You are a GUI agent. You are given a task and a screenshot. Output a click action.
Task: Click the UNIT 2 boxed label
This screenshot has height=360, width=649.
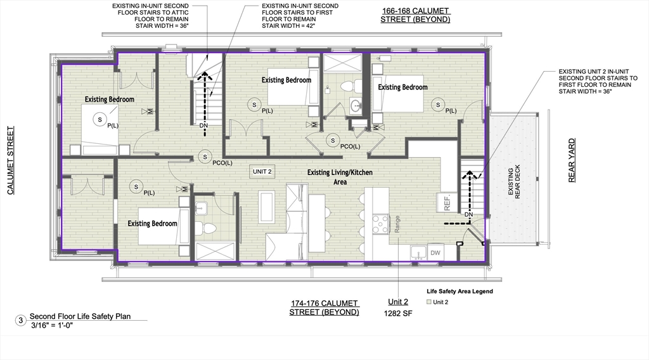click(262, 172)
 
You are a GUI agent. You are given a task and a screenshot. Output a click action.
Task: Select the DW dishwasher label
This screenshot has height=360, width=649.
click(435, 253)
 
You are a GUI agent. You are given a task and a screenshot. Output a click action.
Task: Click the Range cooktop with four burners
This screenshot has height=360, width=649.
click(381, 224)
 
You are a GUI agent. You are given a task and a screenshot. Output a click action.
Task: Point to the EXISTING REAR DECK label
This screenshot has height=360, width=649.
click(513, 182)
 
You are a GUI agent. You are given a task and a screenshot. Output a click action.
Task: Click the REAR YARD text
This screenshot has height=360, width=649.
click(572, 160)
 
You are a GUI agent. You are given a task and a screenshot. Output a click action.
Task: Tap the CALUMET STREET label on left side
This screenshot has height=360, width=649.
click(11, 160)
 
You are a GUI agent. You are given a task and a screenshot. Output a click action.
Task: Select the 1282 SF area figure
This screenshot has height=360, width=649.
click(398, 313)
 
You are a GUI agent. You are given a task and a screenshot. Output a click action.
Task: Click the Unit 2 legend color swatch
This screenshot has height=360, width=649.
click(429, 302)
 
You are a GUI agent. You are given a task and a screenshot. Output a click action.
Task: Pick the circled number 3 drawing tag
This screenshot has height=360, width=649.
click(21, 320)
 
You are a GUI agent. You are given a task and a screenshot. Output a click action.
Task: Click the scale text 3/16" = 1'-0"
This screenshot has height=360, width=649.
click(52, 325)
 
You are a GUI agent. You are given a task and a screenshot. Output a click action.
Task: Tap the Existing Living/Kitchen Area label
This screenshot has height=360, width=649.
click(340, 177)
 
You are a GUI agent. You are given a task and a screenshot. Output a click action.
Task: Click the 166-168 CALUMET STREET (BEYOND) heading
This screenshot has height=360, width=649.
click(415, 15)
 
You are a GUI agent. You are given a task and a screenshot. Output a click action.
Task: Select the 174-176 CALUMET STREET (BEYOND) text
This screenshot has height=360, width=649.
click(324, 308)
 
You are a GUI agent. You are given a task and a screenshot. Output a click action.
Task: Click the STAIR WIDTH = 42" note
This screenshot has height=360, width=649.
click(288, 25)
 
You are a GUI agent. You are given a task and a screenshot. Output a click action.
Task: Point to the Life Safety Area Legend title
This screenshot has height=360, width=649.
click(460, 292)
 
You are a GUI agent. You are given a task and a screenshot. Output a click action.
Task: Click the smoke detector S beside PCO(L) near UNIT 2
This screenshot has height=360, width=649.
click(205, 157)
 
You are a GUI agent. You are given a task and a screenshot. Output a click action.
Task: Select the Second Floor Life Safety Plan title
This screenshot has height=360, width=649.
click(80, 316)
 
